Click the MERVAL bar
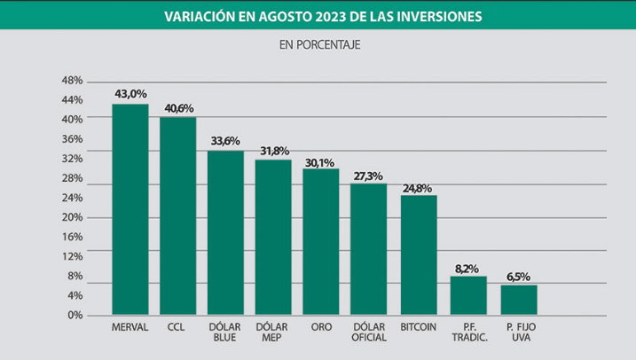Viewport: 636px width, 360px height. coord(130,209)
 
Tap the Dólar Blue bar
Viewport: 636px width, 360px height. coord(225,232)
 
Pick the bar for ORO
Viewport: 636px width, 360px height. coord(321,241)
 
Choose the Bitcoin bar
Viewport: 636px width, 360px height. coord(419,254)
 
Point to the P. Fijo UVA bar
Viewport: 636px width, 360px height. coord(519,300)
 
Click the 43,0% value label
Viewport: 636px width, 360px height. coord(130,93)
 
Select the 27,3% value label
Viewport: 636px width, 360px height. coord(369,175)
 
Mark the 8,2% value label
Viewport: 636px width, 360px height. coord(468,267)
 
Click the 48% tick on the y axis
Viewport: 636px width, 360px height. coord(72,80)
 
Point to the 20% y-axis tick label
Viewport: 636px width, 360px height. coord(72,217)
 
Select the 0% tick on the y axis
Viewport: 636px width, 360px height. coord(75,315)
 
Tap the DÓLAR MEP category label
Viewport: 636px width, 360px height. coord(273,332)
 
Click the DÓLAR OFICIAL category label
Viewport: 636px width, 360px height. coord(369,332)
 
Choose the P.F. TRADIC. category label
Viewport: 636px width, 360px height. coord(468,332)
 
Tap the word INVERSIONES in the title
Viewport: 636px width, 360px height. coord(431,15)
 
